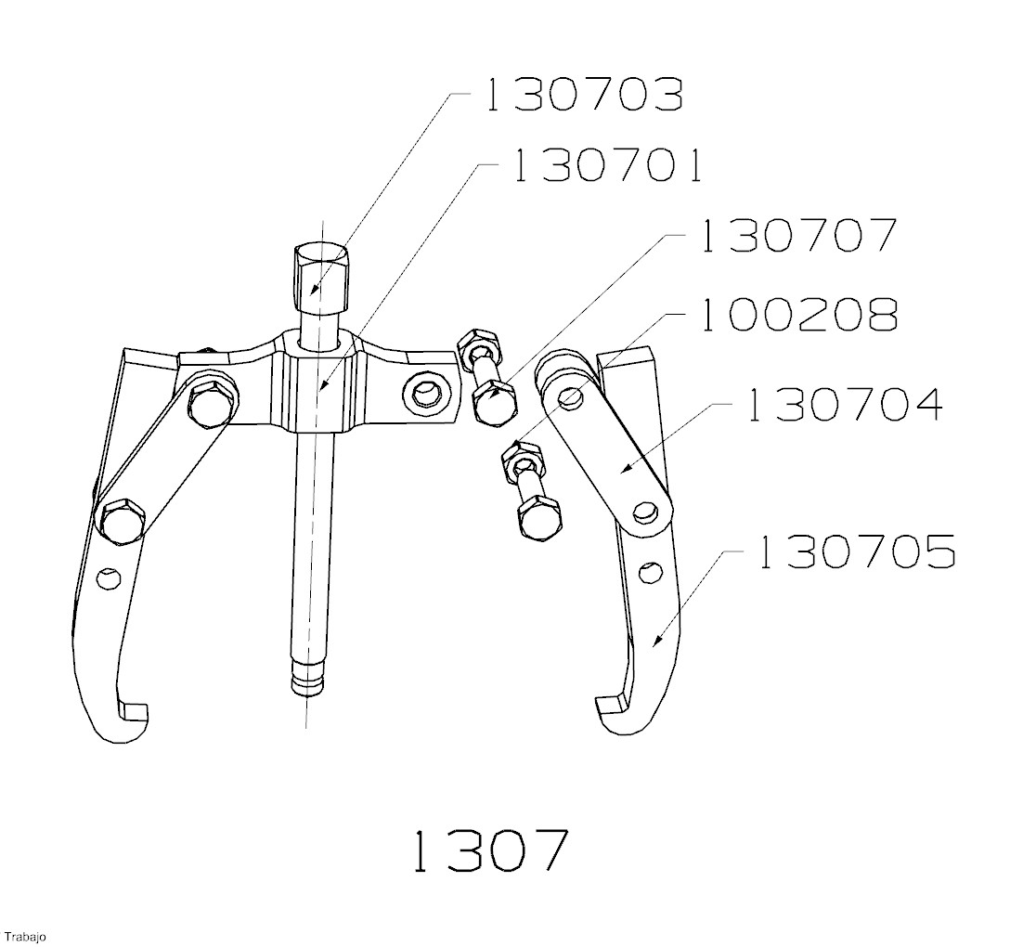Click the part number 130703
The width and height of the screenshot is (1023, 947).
tap(583, 95)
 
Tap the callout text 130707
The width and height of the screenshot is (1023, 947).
tap(800, 237)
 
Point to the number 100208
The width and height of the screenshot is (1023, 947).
tap(800, 316)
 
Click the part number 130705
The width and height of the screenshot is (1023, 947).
tap(857, 551)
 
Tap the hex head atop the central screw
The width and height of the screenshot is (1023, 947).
tap(320, 277)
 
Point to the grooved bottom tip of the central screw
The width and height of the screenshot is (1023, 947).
tap(308, 680)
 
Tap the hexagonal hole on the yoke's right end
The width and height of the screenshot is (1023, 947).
tap(427, 394)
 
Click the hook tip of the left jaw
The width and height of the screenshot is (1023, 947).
tap(134, 713)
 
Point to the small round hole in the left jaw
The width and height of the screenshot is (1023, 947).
tap(109, 577)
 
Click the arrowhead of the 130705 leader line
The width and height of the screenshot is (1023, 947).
tap(655, 640)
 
